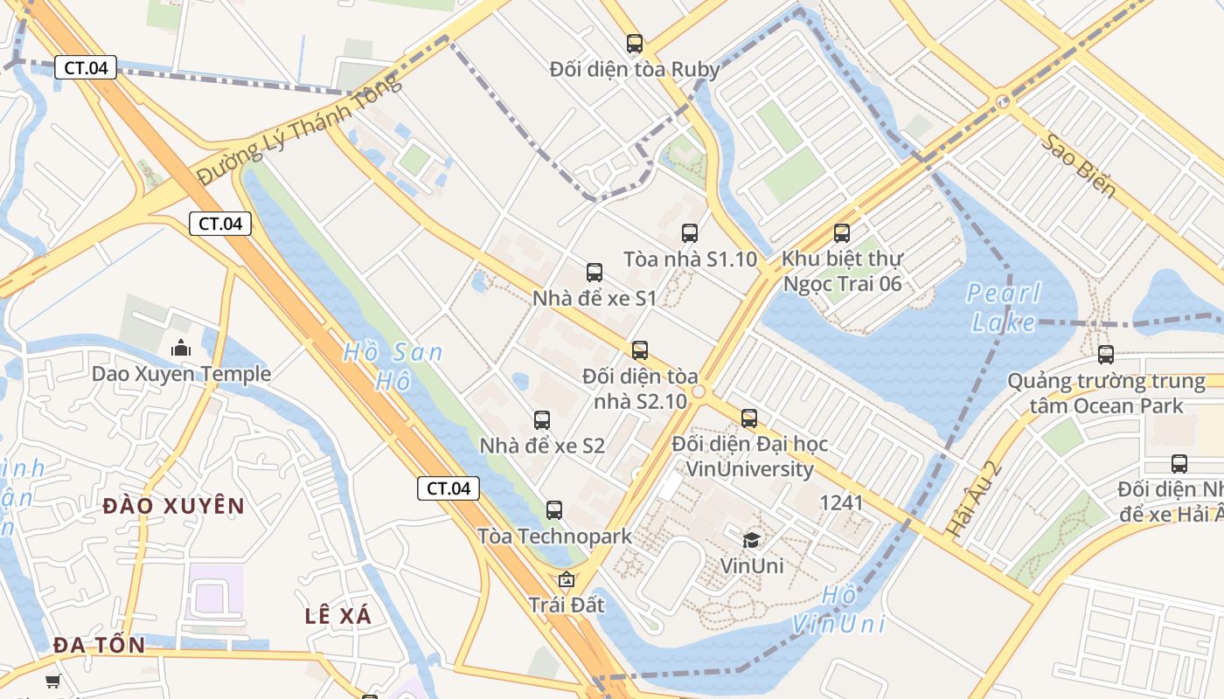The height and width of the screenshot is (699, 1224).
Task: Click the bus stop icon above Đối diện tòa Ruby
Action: [x=635, y=43]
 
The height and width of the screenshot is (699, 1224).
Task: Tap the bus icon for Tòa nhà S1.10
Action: [x=690, y=233]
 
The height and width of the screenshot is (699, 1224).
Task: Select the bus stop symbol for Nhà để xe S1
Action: [x=595, y=272]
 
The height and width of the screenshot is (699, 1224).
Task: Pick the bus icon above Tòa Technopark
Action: [x=554, y=509]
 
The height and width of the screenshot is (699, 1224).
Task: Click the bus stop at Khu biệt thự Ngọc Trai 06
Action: [x=842, y=233]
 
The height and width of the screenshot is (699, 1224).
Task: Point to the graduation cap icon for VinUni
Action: [x=752, y=540]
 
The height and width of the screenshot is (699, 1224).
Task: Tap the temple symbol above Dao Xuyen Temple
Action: [x=181, y=348]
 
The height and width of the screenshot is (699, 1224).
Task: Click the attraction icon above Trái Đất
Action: [x=567, y=579]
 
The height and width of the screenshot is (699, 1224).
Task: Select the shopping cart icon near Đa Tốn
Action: [x=53, y=680]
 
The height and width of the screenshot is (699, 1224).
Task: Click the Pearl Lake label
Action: [x=1004, y=308]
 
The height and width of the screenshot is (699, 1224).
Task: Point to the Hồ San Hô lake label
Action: [x=392, y=366]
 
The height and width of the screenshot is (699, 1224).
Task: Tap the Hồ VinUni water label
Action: [x=839, y=610]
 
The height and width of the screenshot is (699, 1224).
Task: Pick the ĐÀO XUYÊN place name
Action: [x=173, y=506]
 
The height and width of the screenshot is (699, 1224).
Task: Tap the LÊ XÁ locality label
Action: [x=338, y=615]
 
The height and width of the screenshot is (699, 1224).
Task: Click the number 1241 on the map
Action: [x=841, y=502]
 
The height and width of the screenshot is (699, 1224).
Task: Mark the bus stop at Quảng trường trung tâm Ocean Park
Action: [x=1106, y=355]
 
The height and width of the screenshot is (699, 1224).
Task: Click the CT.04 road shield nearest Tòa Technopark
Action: [x=449, y=488]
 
